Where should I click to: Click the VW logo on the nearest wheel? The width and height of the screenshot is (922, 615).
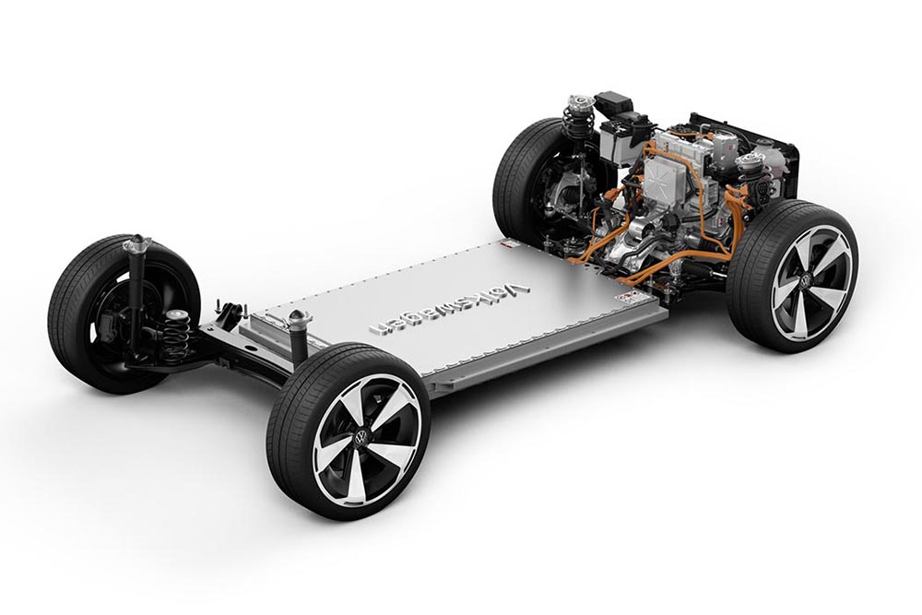coord(361,437)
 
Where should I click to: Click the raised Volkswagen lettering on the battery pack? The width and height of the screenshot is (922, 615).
coord(449,309)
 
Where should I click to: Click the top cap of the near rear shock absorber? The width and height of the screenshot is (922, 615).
coord(300,317)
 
